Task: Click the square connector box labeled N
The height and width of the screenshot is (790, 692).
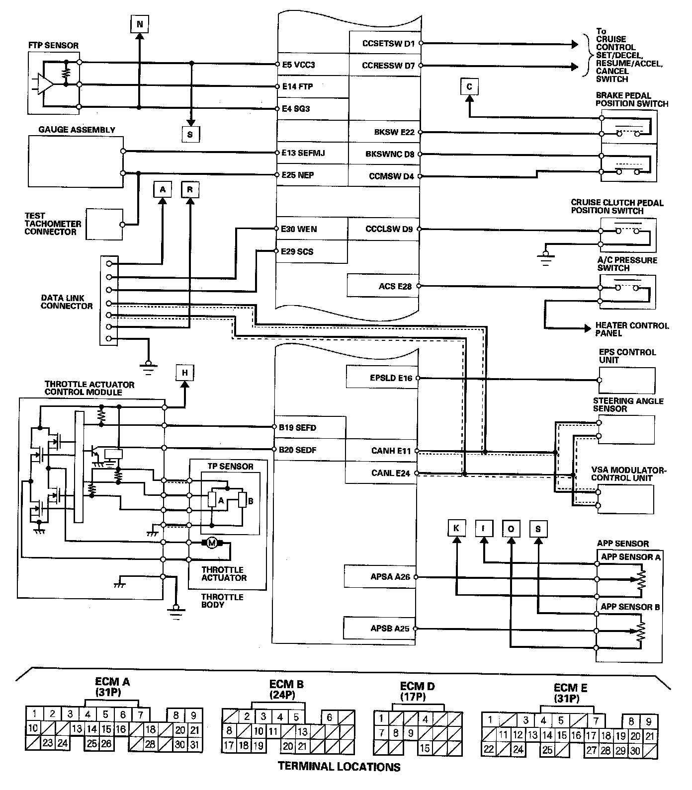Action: click(140, 23)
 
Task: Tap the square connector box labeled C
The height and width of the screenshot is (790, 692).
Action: click(469, 87)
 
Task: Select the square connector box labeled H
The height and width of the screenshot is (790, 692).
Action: click(184, 373)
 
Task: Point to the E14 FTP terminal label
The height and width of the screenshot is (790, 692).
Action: click(298, 86)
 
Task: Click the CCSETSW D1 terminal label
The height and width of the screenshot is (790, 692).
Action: click(389, 43)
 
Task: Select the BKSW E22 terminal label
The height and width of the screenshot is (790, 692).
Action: click(394, 132)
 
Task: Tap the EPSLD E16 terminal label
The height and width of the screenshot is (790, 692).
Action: click(391, 378)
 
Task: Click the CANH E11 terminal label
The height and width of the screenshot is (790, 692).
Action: click(391, 451)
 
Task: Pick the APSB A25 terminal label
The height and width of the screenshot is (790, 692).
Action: click(390, 629)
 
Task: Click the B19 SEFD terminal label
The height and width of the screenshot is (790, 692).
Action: click(297, 427)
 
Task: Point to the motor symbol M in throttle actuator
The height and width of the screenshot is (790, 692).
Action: click(212, 543)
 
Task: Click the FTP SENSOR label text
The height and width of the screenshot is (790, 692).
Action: click(53, 45)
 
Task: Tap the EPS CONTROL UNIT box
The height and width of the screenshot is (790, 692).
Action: click(627, 381)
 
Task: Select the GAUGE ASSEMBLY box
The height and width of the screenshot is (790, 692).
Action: click(76, 161)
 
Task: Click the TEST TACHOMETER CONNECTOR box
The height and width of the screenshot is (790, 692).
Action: click(104, 224)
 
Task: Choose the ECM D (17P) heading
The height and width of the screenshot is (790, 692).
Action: click(417, 691)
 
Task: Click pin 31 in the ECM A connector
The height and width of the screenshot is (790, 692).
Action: click(194, 744)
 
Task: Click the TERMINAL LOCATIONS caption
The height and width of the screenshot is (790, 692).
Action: click(339, 767)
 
